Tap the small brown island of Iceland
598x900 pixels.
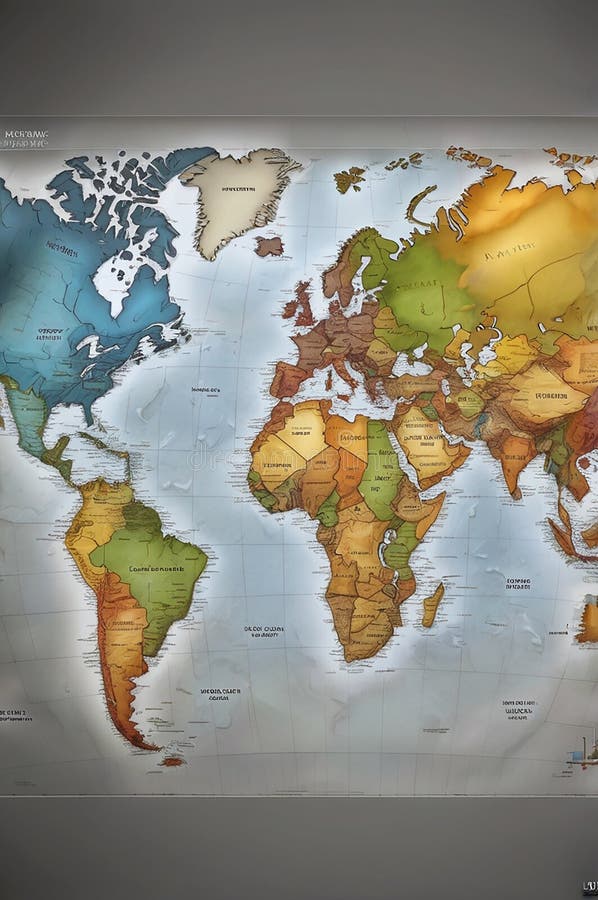pos(268,246)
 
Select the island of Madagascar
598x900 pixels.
pos(432,604)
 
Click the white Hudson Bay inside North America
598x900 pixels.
pos(112,285)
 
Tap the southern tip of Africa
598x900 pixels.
pos(351,655)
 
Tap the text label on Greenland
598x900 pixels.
pos(238,188)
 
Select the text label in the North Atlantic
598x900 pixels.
pos(207,391)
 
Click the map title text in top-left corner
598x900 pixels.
pos(25,137)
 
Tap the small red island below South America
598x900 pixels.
pos(172,761)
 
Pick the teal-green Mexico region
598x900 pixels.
pos(30,415)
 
